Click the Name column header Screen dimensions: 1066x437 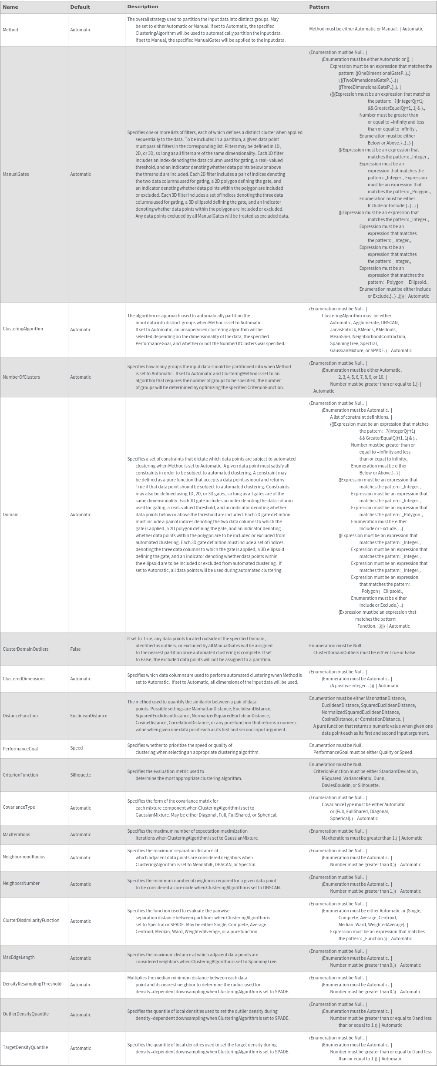10,7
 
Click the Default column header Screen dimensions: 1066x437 80,7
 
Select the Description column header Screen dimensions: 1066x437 142,7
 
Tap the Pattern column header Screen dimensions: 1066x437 319,7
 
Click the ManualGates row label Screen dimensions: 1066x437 16,174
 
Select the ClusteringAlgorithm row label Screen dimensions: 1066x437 23,329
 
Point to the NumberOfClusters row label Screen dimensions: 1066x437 21,377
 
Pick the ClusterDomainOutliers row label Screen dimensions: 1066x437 25,649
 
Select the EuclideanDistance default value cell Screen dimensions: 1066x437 88,716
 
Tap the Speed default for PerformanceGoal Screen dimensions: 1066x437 76,748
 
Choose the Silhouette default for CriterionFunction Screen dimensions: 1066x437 81,775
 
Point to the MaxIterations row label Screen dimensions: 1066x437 17,834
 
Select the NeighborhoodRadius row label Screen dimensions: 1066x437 24,857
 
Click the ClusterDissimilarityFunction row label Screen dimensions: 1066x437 31,920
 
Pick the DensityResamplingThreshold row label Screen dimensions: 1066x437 32,984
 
